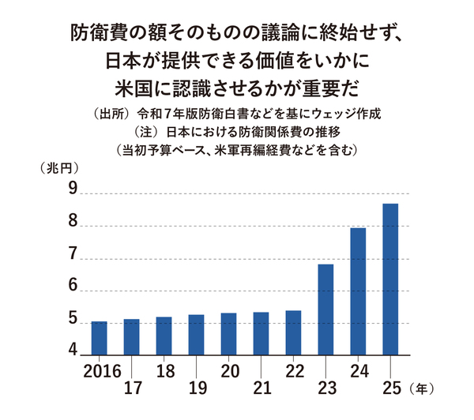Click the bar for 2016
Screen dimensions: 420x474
(x=99, y=338)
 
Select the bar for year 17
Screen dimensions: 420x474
(x=131, y=337)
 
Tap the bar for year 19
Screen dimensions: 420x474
(x=196, y=335)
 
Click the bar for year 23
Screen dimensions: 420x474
(x=325, y=309)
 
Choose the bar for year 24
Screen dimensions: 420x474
(x=358, y=291)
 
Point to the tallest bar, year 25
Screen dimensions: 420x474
(x=390, y=279)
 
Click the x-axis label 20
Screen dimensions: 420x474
(x=229, y=370)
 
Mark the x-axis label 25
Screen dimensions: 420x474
(x=390, y=388)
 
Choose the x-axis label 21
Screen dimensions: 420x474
(x=261, y=388)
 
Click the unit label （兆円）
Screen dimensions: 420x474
(x=55, y=167)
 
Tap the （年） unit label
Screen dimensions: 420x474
(x=423, y=388)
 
